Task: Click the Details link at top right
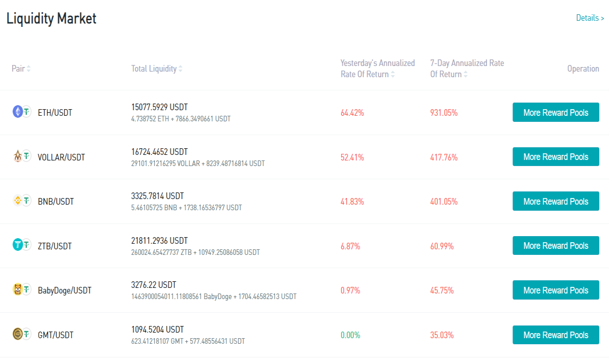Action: [x=590, y=18]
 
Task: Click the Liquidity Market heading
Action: [x=51, y=18]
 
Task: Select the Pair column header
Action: [x=18, y=69]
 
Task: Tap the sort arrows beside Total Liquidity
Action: [x=180, y=69]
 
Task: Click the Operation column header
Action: [x=583, y=69]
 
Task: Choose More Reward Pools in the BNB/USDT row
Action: [x=556, y=201]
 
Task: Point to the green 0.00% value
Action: [x=350, y=335]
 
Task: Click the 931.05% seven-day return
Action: [x=444, y=113]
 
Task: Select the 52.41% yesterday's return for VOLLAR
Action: [x=352, y=157]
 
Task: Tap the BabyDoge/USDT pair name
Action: [x=64, y=290]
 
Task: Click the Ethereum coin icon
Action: [x=18, y=112]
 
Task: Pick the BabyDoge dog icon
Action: [x=18, y=289]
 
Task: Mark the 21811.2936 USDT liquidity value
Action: [x=159, y=241]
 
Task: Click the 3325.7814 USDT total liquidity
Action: [x=157, y=196]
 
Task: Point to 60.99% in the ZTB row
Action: [x=442, y=246]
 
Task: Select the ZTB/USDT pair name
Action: [x=55, y=246]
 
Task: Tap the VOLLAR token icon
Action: [x=18, y=156]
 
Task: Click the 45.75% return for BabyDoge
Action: [x=442, y=290]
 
